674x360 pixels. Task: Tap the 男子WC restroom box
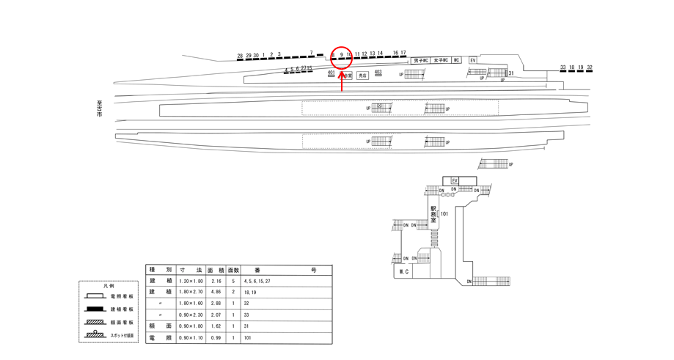click(420, 60)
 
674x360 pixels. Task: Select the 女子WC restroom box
click(440, 60)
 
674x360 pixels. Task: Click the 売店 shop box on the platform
click(362, 75)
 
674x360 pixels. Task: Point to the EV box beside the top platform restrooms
click(473, 60)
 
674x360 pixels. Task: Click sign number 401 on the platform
click(331, 73)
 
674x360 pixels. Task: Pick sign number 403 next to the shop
click(378, 72)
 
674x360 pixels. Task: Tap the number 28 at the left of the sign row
click(240, 56)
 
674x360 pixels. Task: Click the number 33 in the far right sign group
click(563, 67)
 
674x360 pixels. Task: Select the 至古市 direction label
click(99, 110)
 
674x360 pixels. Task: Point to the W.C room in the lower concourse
click(403, 271)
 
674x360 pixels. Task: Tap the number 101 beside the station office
click(444, 214)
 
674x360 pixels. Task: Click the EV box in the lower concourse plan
click(455, 180)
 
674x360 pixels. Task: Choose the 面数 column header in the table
click(234, 270)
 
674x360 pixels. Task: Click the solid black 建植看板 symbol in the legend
click(93, 308)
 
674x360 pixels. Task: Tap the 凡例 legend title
click(109, 287)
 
